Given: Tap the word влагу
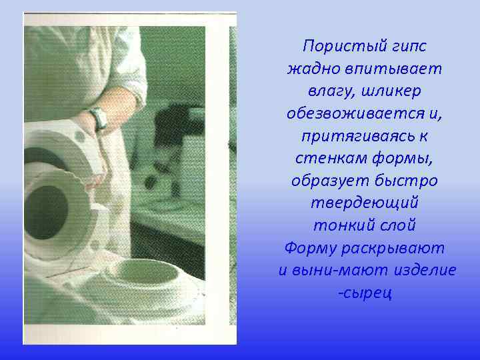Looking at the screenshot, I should click(x=330, y=91).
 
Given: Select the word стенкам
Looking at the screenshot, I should click(x=324, y=159).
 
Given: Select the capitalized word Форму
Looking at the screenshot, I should click(x=310, y=249).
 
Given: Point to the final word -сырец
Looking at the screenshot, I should click(x=365, y=293).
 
